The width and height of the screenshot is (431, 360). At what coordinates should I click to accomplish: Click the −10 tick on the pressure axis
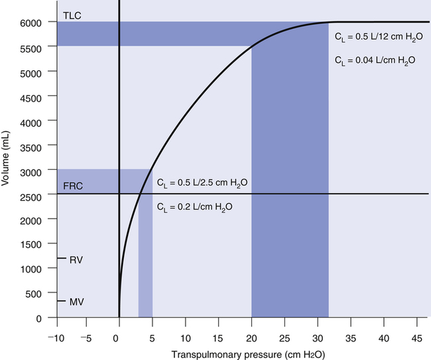pos(56,329)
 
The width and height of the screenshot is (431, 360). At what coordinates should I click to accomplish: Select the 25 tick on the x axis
pos(284,329)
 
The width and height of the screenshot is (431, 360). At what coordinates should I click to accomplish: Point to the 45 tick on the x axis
pos(417,329)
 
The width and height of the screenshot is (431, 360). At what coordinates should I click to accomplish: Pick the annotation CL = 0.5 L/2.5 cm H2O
pos(202,182)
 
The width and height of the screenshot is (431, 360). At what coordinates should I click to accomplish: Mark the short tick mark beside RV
pos(62,259)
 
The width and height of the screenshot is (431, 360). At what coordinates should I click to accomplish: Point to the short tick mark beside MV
pos(62,301)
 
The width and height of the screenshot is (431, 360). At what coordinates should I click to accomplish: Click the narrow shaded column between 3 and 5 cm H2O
pos(145,265)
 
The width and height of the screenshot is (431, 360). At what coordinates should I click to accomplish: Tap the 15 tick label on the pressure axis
pos(218,329)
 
